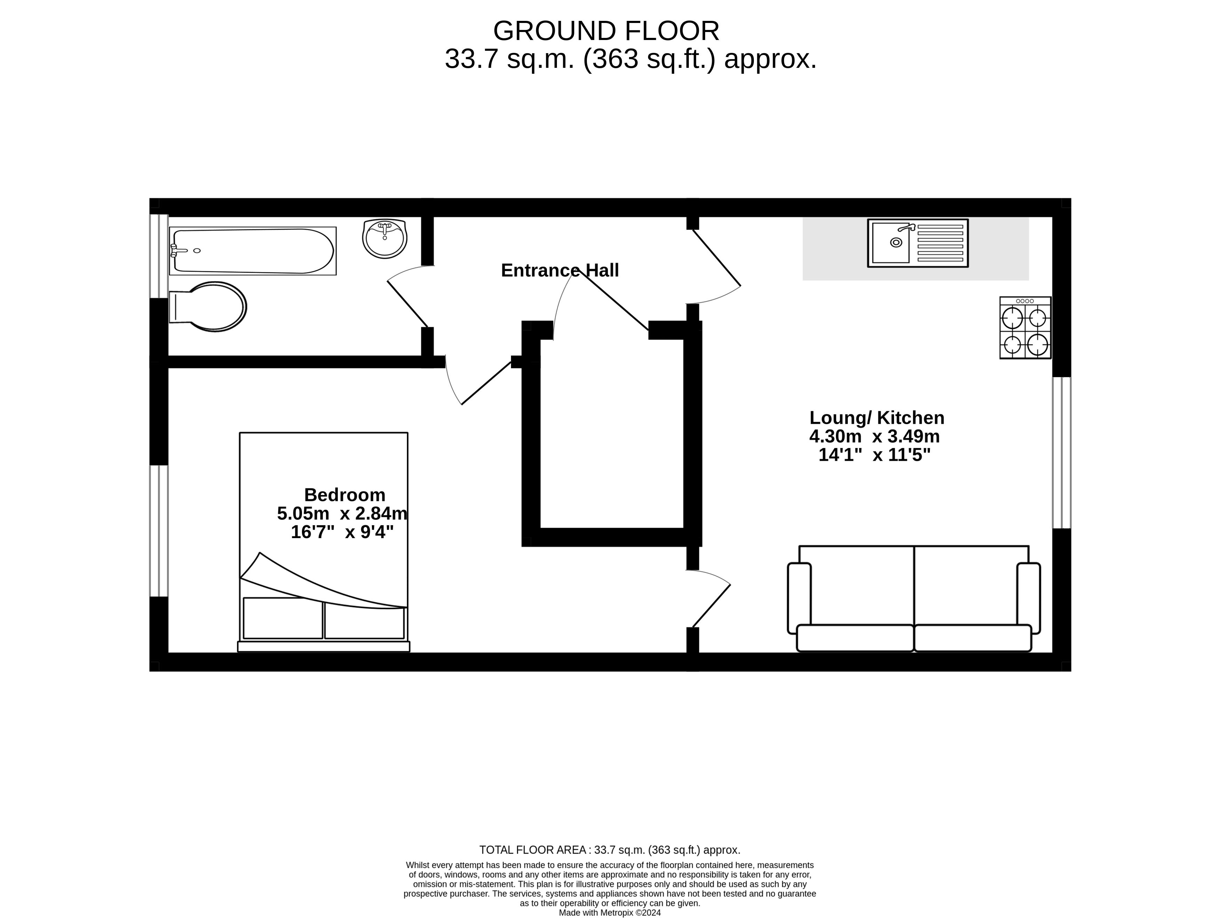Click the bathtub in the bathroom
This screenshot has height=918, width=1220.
point(253,251)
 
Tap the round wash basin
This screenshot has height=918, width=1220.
point(385,239)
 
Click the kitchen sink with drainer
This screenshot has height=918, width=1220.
point(918,243)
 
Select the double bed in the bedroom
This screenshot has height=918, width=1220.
point(324,542)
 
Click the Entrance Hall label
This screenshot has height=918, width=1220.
point(560,270)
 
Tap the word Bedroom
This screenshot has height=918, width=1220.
point(345,495)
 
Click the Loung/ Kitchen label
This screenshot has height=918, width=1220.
point(877,418)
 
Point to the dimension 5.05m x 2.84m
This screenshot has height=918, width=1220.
point(342,513)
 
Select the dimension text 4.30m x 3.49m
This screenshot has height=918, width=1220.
point(875,437)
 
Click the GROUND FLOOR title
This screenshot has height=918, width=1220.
point(606,31)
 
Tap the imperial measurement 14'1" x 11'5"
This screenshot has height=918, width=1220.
point(875,455)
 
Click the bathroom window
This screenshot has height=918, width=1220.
point(159,256)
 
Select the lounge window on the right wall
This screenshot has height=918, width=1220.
point(1062,453)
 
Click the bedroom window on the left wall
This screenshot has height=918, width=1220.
point(159,531)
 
